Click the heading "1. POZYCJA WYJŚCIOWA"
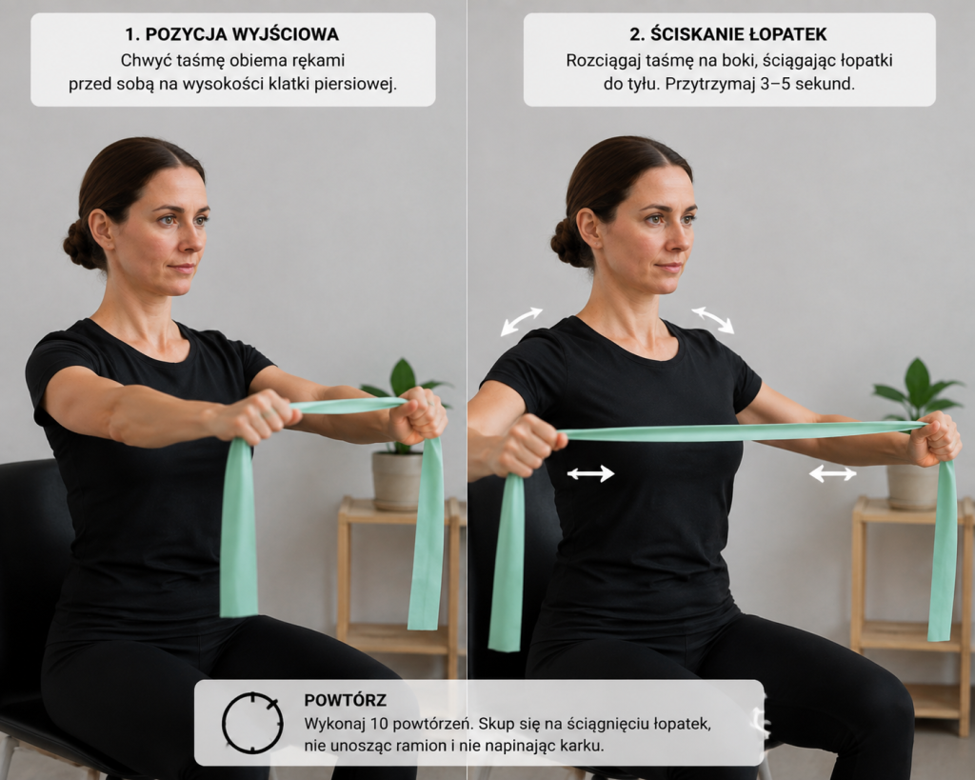tap(232, 34)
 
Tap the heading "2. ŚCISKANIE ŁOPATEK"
tap(728, 34)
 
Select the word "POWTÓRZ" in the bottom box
tap(345, 700)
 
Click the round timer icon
tap(252, 723)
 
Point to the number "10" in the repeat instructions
tap(379, 724)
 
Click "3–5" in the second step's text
tap(775, 84)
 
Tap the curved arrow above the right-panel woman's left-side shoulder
tap(521, 321)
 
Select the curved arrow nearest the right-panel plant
tap(713, 319)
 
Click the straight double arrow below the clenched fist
tap(590, 474)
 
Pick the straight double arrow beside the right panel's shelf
tap(832, 474)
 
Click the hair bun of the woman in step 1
tap(81, 243)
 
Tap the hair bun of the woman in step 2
tap(568, 242)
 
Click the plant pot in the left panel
tap(397, 480)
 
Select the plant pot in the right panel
tap(912, 486)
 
